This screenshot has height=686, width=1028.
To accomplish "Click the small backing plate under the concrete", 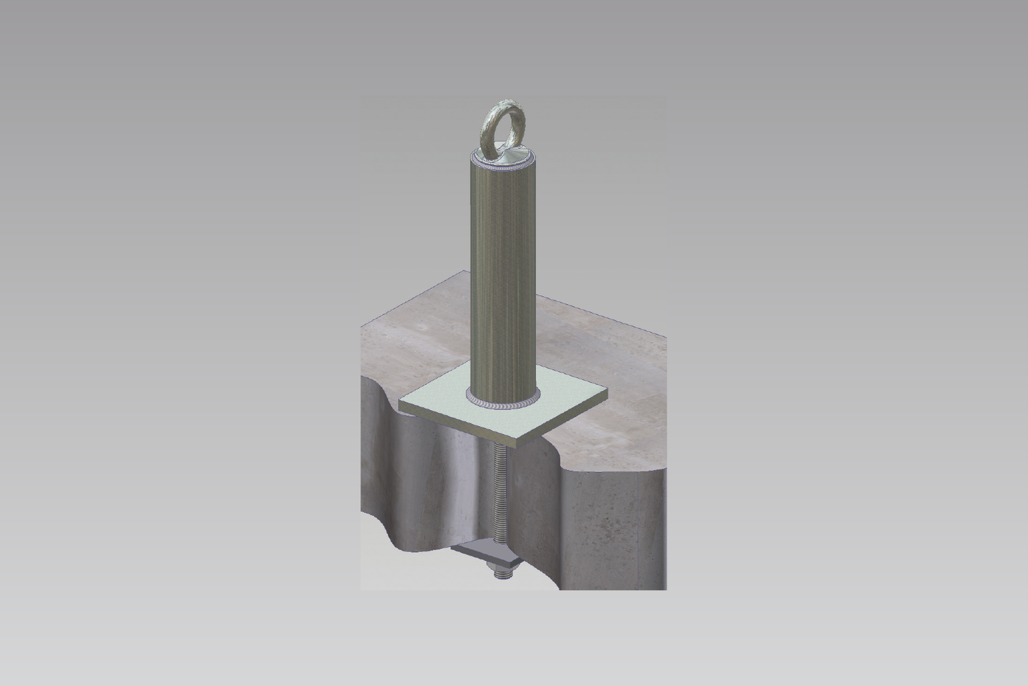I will (493, 549).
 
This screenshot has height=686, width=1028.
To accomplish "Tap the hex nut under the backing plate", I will (495, 564).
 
